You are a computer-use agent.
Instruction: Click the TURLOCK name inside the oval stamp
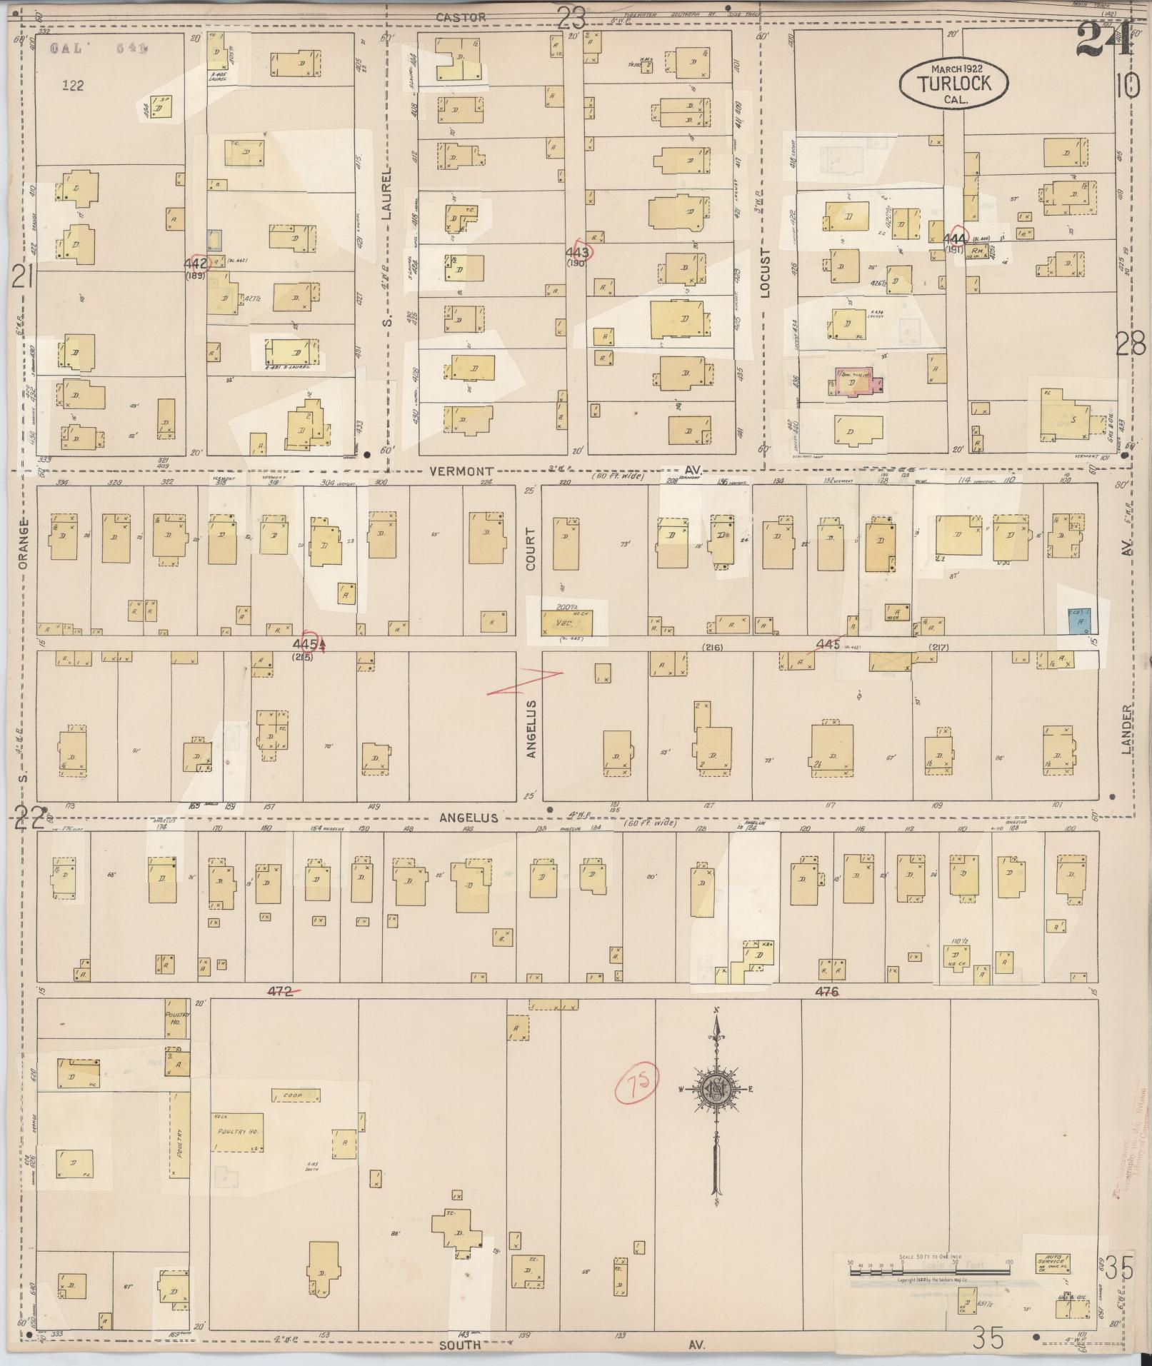click(954, 83)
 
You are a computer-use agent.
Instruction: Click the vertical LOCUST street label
click(766, 272)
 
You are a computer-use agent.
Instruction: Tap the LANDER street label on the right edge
click(1126, 729)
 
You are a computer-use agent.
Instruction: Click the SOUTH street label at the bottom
click(460, 1344)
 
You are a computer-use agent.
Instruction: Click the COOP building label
click(291, 1095)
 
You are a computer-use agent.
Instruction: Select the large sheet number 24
click(1103, 39)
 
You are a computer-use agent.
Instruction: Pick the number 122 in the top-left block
click(73, 86)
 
